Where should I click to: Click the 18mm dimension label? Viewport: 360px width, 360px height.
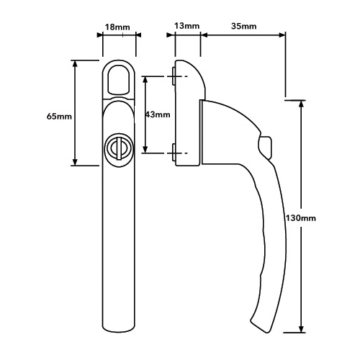(x=117, y=27)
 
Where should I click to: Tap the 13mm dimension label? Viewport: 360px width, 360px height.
(x=186, y=26)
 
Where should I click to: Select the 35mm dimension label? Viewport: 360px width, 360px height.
(x=243, y=26)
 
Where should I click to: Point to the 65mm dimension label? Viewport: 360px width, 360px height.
(x=59, y=117)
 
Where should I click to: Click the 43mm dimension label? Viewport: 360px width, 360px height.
(x=158, y=114)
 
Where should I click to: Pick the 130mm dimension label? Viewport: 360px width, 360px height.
(x=300, y=218)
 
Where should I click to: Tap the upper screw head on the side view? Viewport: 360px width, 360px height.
(x=174, y=76)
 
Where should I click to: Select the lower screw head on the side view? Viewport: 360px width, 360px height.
(x=174, y=153)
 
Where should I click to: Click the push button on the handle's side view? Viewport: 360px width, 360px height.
(x=266, y=147)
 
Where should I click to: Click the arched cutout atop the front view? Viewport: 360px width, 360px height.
(x=119, y=78)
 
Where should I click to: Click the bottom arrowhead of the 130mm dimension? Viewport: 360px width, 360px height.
(x=301, y=328)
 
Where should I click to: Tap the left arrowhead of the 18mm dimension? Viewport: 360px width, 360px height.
(x=100, y=35)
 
